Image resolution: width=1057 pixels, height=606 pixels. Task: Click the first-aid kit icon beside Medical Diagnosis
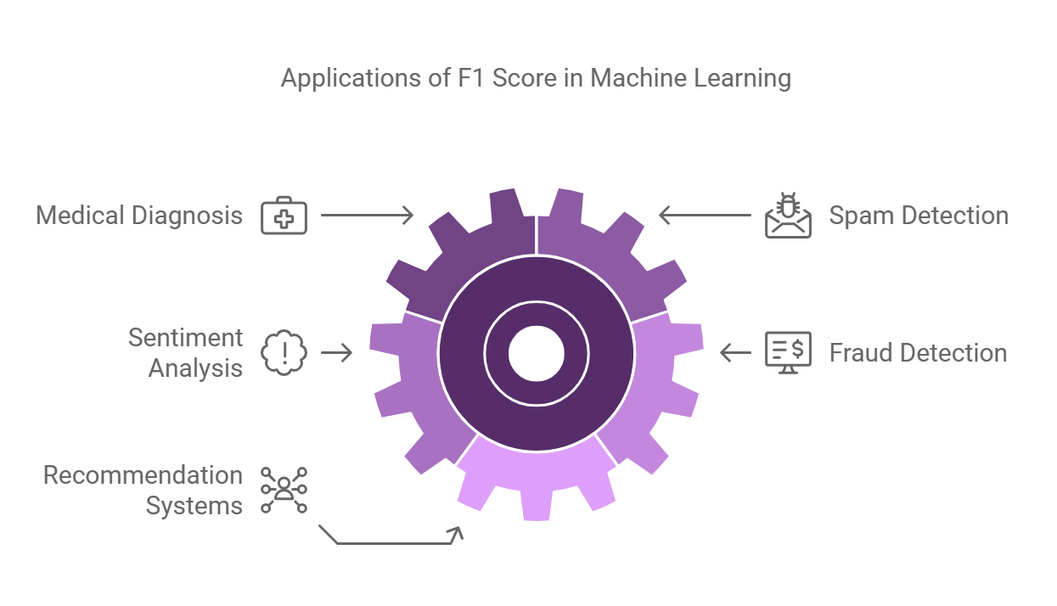click(284, 216)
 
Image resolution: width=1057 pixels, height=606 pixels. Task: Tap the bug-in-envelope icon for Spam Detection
click(788, 216)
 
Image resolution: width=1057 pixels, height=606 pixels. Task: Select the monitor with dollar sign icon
click(788, 352)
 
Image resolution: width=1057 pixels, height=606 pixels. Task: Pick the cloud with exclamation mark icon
click(284, 352)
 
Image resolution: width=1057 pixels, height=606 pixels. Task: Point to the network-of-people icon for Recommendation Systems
click(284, 490)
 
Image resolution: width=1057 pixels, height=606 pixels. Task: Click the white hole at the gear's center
click(537, 352)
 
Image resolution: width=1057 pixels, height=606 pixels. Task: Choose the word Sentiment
click(186, 338)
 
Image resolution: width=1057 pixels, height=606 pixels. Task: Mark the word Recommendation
click(143, 475)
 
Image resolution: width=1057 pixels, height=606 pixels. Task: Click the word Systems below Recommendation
click(194, 506)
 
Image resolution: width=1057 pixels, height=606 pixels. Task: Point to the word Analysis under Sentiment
click(196, 368)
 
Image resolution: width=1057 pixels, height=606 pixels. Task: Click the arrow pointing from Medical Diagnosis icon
click(367, 216)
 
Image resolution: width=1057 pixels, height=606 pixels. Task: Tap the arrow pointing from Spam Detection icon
click(705, 216)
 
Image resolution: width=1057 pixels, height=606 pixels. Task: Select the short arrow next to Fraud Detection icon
click(735, 352)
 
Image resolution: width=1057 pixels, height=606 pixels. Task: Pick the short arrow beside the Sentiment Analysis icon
click(336, 352)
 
